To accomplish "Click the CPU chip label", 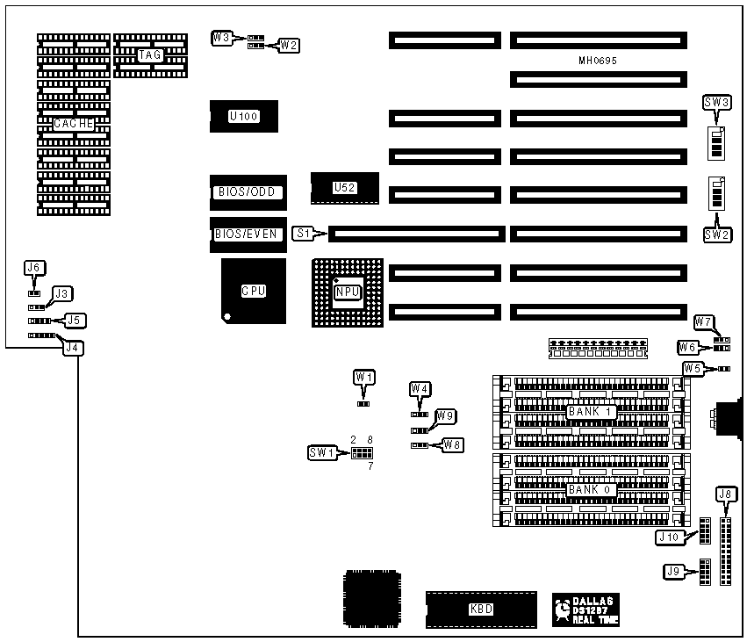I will point(254,291).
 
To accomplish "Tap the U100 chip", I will point(243,116).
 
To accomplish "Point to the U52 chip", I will point(345,187).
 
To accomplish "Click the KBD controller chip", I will point(480,608).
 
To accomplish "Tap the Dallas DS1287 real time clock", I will point(585,610).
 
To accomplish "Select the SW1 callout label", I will point(321,452).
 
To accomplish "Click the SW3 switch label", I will point(717,103).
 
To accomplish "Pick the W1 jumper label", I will point(364,377).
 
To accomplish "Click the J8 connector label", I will point(725,494).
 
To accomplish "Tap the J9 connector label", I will point(674,572).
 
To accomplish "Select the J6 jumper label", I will point(34,267).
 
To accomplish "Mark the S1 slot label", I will point(304,233).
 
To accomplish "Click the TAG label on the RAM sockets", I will point(149,55).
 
